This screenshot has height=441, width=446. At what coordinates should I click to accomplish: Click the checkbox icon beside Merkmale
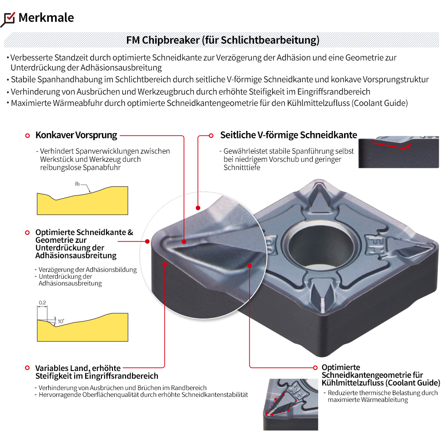click(9, 19)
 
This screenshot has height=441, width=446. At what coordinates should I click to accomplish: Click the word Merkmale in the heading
click(46, 18)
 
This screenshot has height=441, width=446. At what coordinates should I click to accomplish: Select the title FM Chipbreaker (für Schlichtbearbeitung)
click(223, 40)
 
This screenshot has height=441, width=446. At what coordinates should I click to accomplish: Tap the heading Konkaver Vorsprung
click(76, 135)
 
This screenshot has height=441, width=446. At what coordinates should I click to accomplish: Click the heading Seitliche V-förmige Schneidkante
click(289, 135)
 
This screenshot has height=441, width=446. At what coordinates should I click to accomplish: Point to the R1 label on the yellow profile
click(78, 184)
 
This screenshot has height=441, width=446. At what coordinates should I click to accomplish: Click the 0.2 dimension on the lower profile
click(42, 303)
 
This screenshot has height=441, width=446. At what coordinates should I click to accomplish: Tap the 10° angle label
click(61, 321)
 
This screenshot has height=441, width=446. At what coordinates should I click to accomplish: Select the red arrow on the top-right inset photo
click(391, 145)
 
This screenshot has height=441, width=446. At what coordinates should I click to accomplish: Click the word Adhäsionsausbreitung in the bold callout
click(76, 256)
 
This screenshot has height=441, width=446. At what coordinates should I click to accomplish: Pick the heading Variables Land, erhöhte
click(78, 368)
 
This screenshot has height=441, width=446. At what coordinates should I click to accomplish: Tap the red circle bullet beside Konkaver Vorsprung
click(28, 135)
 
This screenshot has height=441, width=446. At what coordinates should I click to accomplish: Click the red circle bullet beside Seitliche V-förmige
click(211, 135)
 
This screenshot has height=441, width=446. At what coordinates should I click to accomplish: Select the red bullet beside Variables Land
click(28, 368)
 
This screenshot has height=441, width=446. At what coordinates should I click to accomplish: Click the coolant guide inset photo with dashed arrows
click(290, 404)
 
